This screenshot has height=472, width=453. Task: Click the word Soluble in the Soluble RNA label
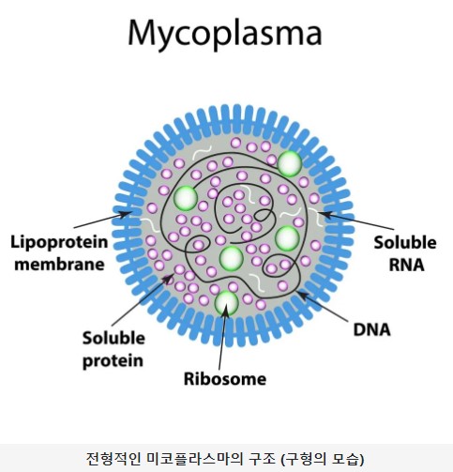point(399,241)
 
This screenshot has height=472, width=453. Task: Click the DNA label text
point(372,329)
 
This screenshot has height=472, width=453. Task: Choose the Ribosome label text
point(225,380)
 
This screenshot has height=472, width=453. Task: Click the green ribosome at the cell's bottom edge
point(226,302)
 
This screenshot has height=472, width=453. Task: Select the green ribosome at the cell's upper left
point(185,198)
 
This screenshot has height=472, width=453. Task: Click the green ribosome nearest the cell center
point(231,256)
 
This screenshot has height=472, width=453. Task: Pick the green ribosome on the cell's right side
point(287,238)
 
